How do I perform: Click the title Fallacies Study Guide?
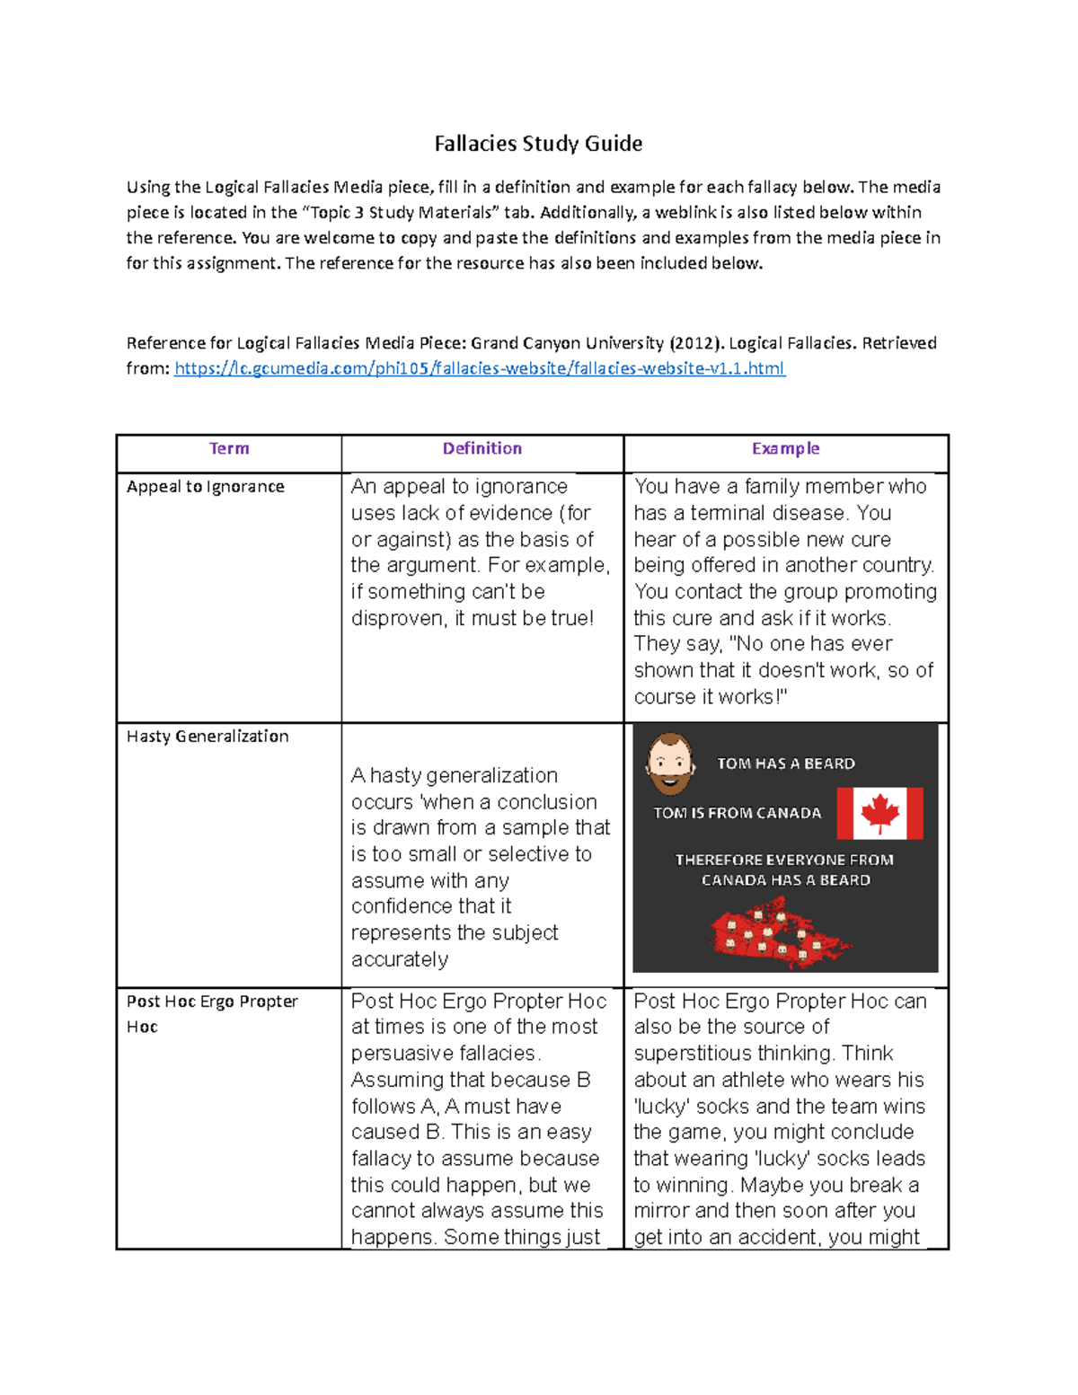point(538,144)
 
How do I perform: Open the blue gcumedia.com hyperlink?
point(479,368)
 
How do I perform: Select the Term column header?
point(229,448)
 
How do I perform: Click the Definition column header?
point(482,448)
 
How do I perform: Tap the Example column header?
point(785,448)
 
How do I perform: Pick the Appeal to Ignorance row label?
point(205,487)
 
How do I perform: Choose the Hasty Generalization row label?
point(208,737)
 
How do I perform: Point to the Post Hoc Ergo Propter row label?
point(212,1002)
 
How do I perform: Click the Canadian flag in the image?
point(879,813)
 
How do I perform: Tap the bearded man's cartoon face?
point(670,764)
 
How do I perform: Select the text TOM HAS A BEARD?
point(785,764)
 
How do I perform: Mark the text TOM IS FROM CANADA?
point(737,813)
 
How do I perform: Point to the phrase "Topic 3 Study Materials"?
point(400,213)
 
